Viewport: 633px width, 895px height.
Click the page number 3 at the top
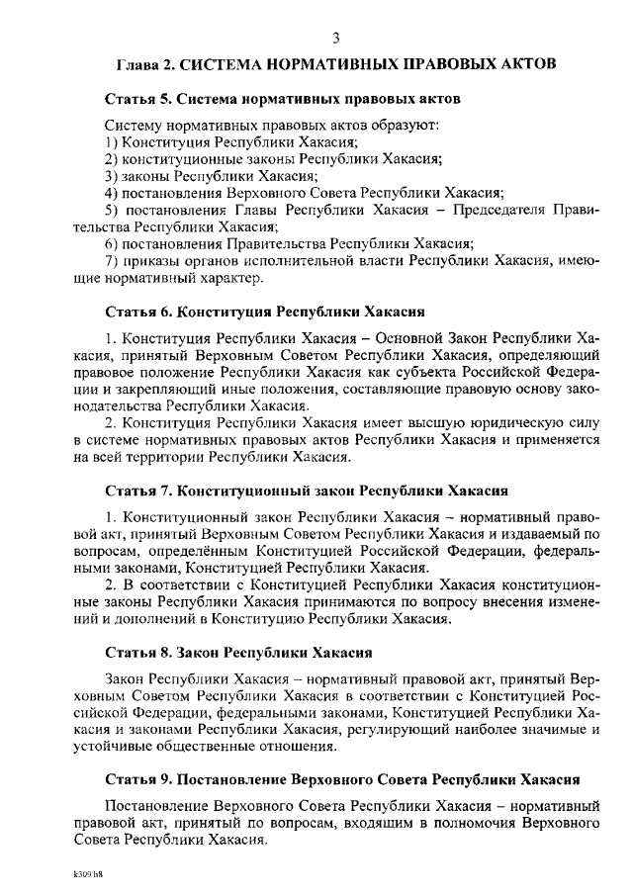coord(335,39)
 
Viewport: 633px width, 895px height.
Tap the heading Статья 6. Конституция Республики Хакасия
coord(265,312)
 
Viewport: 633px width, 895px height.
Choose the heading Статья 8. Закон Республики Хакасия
coord(238,653)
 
